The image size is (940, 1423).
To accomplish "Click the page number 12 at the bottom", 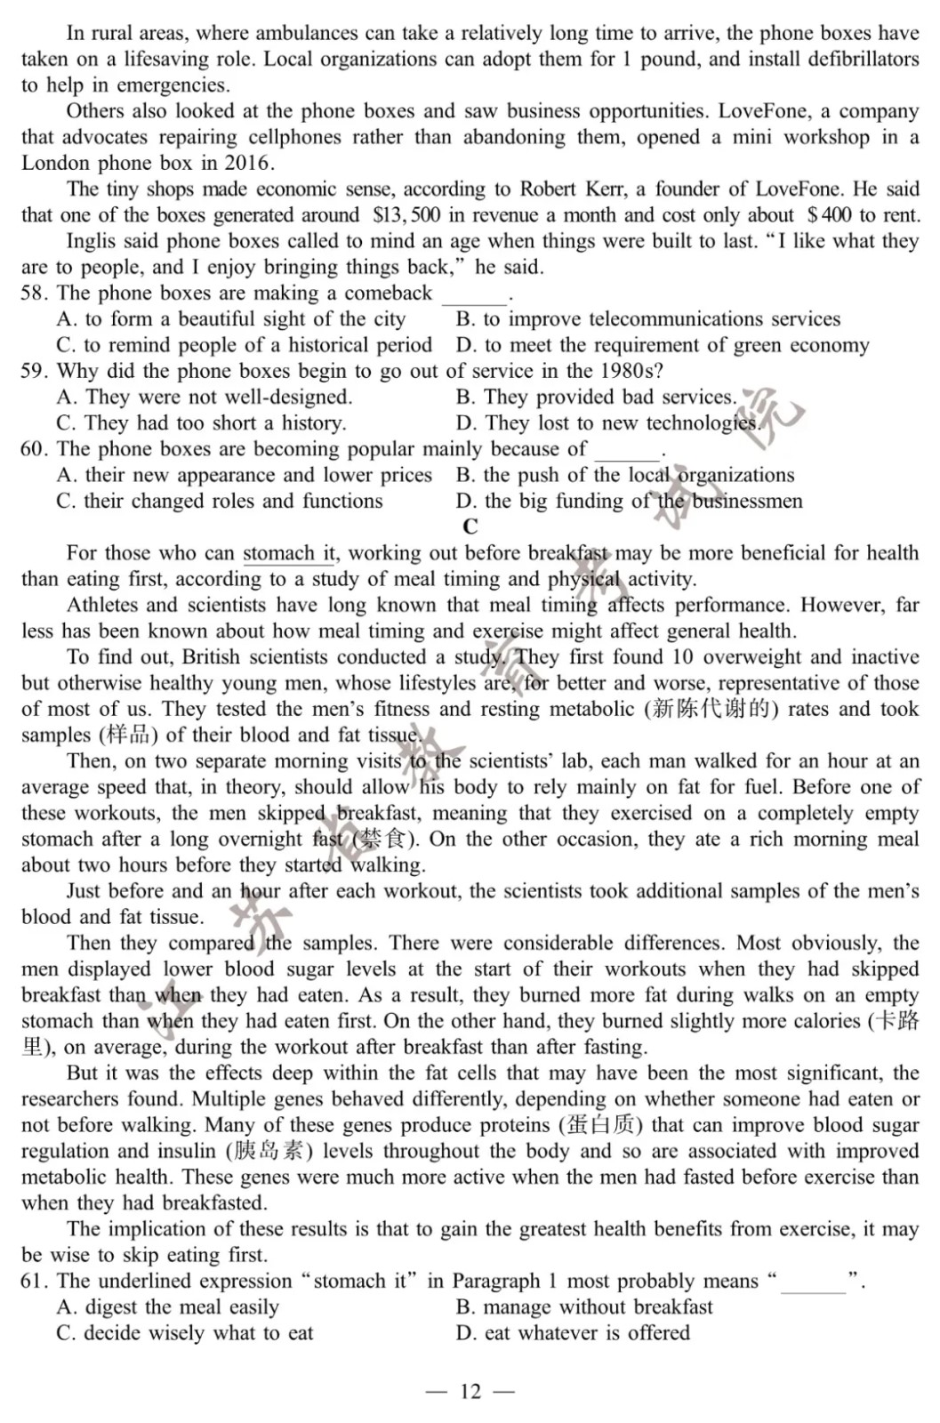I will (470, 1391).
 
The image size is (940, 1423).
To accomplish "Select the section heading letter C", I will (470, 527).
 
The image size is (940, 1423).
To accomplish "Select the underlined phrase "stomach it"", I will (289, 553).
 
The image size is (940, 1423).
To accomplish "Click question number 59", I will (34, 371).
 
